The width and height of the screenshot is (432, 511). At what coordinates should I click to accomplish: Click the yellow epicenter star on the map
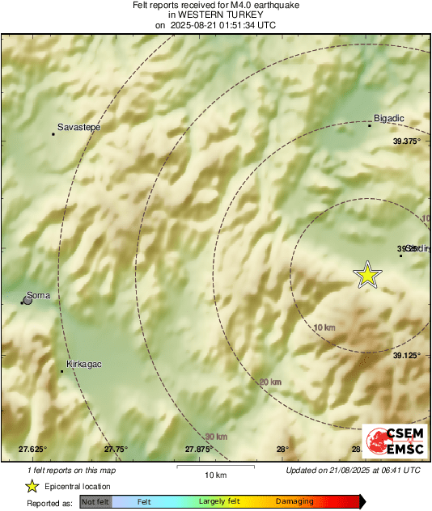(368, 276)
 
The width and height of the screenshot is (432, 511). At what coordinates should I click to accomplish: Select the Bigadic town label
(389, 119)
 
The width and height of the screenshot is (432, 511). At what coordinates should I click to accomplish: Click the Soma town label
(39, 295)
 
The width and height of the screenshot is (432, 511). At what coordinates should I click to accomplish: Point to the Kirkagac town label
(84, 365)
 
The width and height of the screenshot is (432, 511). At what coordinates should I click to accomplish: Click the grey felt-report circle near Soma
(28, 300)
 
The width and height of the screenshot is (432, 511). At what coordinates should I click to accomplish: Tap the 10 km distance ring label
(324, 327)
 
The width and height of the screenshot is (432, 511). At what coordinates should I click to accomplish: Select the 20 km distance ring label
(270, 382)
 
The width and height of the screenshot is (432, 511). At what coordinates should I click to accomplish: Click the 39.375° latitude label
(408, 141)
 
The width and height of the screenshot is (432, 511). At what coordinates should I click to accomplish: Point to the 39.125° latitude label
(408, 355)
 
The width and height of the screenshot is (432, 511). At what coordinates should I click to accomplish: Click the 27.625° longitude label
(33, 450)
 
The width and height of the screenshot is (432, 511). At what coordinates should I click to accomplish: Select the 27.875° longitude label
(199, 450)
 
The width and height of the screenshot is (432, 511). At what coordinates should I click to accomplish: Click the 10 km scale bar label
(214, 475)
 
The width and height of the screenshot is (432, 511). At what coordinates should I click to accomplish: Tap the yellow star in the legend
(32, 486)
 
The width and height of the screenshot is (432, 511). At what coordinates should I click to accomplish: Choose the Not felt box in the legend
(95, 502)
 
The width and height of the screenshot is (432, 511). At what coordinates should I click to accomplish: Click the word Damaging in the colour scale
(294, 502)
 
